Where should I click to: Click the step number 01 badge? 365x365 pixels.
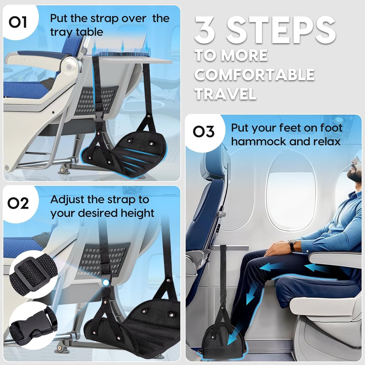point(18,22)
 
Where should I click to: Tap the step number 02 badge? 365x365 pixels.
point(18,203)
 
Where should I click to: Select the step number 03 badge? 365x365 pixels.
point(203,132)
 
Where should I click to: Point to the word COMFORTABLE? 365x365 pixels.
point(254,75)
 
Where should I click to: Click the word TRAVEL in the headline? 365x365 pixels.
point(226,94)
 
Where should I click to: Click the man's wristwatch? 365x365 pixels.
point(292,245)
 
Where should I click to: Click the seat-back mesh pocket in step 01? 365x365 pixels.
point(97,100)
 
